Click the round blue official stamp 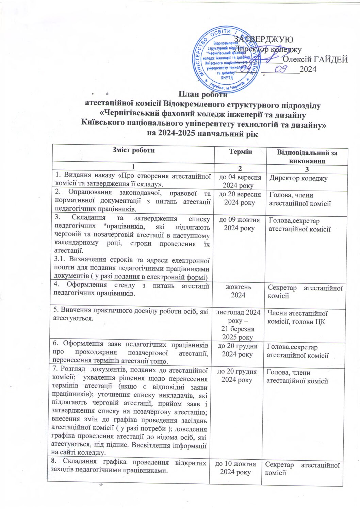coord(225,59)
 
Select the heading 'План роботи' coord(203,95)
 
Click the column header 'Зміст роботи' coord(133,150)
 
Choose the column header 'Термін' coord(240,152)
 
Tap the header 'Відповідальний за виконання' coord(307,157)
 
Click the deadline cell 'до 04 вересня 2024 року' coord(240,181)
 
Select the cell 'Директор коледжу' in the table coord(298,178)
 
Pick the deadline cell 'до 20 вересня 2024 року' coord(240,198)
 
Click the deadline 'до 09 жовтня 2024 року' coord(239,224)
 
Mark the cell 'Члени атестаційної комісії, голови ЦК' coord(297,317)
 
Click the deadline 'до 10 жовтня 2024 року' coord(235,468)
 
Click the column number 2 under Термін coord(240,169)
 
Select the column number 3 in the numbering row coord(307,169)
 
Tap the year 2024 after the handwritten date coord(308,69)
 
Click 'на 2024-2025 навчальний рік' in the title coord(202,133)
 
